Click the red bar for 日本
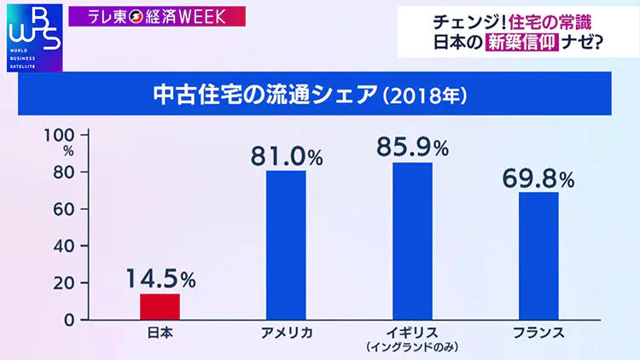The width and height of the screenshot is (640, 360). [160, 306]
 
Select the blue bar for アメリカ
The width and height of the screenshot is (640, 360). [286, 245]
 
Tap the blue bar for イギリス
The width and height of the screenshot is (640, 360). [412, 241]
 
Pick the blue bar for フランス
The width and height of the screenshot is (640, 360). [538, 255]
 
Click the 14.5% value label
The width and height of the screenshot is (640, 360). [161, 279]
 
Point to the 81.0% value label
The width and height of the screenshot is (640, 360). [287, 157]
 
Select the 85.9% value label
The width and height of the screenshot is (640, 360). [412, 147]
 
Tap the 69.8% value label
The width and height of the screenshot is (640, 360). [538, 178]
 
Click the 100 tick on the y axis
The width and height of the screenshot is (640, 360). [65, 135]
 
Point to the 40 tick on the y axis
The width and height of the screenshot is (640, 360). [68, 246]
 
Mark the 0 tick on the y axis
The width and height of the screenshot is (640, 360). [73, 319]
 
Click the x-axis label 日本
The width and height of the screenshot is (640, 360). [160, 333]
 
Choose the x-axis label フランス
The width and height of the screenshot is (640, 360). [538, 333]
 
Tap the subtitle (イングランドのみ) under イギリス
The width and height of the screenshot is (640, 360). [412, 347]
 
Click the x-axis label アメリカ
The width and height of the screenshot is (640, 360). [286, 333]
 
